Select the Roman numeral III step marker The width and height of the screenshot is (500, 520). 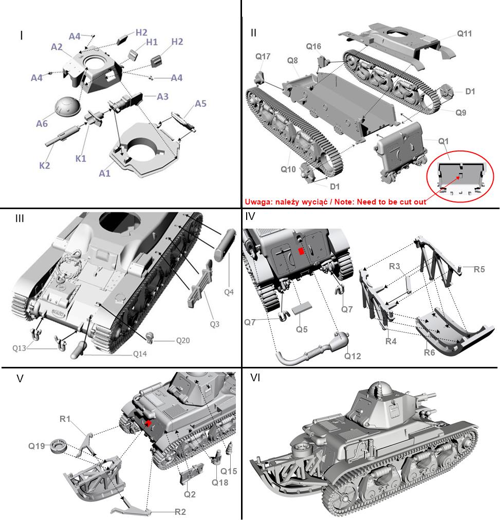tap(20, 218)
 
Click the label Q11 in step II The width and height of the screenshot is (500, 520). tap(465, 33)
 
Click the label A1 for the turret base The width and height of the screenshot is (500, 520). tap(105, 173)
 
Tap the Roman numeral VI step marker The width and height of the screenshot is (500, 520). tap(255, 378)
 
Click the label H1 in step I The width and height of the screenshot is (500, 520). tap(152, 42)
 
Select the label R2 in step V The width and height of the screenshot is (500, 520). tap(180, 512)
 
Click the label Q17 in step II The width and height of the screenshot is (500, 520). tap(263, 56)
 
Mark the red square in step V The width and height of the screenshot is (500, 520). tap(149, 423)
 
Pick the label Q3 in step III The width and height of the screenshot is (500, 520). tap(215, 324)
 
